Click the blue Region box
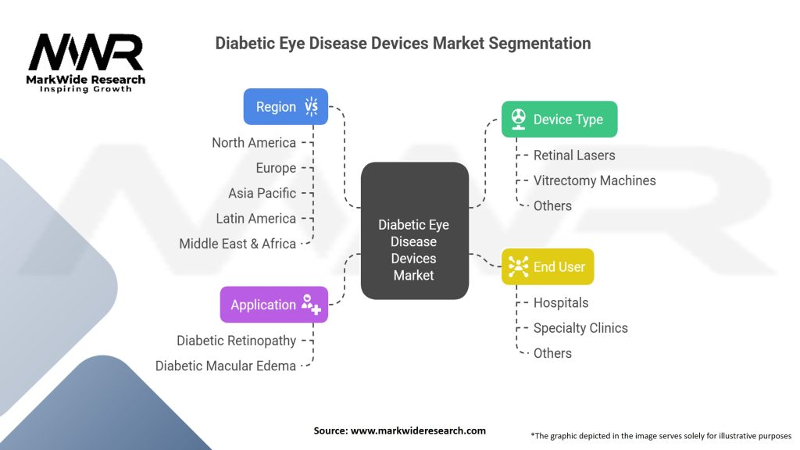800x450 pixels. pos(286,106)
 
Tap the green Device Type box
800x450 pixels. pos(559,120)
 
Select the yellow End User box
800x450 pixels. pos(548,266)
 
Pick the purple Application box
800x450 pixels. pos(274,305)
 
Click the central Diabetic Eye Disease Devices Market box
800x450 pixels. pos(414,231)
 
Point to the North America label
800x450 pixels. pos(254,142)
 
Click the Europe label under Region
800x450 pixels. pos(276,168)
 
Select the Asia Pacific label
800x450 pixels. pos(262,193)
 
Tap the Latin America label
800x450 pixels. pos(255,218)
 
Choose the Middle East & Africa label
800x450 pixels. pos(237,244)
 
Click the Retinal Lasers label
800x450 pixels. pos(574,155)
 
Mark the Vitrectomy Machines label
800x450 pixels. pos(595,180)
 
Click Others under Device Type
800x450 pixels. pos(552,205)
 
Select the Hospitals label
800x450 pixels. pos(561,302)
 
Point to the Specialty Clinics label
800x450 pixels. pos(580,328)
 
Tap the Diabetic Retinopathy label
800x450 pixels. pos(236,340)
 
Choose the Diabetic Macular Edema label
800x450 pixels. pos(226,366)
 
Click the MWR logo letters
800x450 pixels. pos(86,53)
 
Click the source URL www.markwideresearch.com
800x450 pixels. pos(419,430)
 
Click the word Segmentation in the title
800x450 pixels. pos(540,43)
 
